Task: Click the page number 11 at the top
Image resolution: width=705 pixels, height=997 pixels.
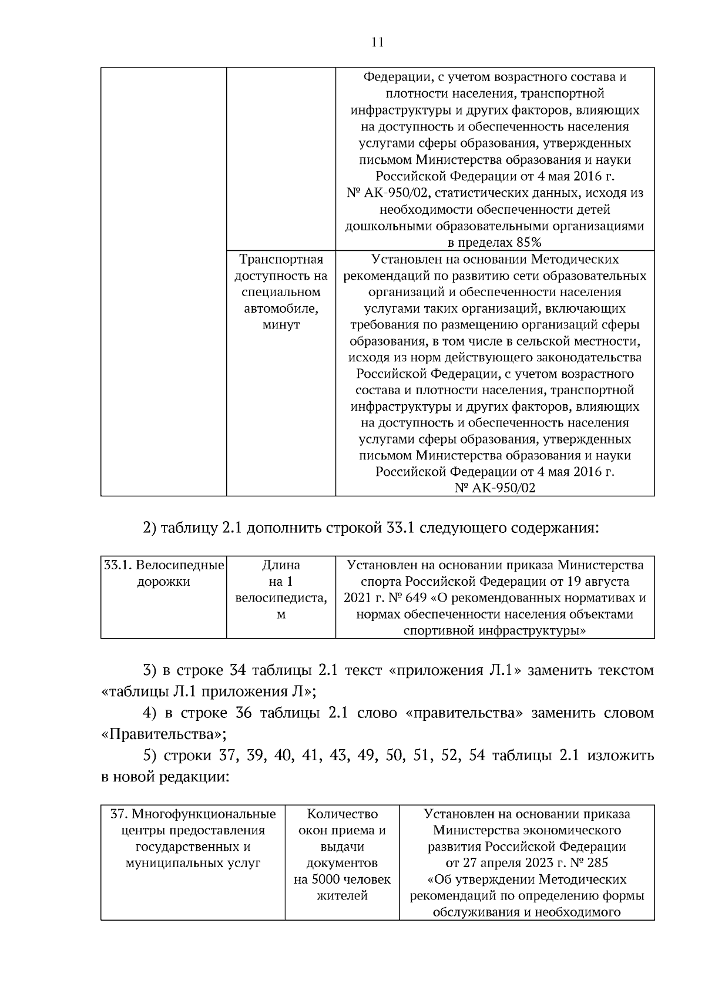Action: pos(377,42)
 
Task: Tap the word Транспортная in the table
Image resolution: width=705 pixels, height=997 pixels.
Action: pos(281,259)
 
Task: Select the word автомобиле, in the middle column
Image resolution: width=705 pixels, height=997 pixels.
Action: pos(281,308)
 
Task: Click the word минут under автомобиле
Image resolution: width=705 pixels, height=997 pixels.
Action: pos(281,325)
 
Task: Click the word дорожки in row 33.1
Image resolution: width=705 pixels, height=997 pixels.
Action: pos(163,582)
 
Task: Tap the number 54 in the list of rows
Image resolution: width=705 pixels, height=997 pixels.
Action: pos(477,756)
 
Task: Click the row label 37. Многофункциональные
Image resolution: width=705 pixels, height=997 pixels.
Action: pos(193,814)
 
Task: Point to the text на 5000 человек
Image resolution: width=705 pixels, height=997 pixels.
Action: pos(342,879)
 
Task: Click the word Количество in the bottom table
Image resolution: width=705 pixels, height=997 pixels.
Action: pos(342,814)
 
